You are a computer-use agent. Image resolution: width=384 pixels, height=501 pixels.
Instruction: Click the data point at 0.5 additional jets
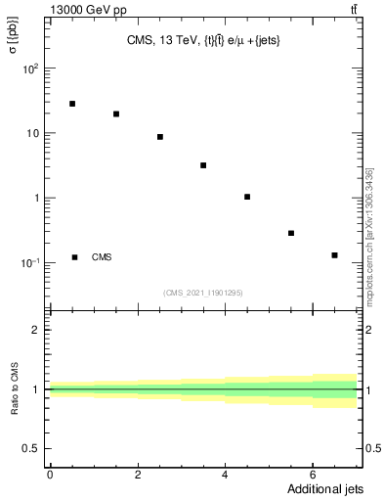coord(72,103)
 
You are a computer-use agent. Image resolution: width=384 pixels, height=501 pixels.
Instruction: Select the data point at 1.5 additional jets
coord(116,114)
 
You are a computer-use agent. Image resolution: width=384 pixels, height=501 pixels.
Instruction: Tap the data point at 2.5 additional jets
coord(160,137)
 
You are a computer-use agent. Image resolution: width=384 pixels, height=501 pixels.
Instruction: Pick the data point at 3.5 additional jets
coord(203,165)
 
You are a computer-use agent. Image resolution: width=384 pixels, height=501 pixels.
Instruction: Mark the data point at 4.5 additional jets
coord(247,197)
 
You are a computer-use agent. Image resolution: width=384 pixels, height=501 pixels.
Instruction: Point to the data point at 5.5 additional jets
coord(291,233)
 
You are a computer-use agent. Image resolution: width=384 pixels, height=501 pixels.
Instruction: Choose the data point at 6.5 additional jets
coord(334,255)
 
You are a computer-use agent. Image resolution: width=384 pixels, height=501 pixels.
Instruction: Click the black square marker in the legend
coord(75,257)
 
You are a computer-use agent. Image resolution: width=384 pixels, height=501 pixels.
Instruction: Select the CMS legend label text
coord(102,257)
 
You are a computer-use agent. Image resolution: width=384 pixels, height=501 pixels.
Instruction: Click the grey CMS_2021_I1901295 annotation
coord(202,292)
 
